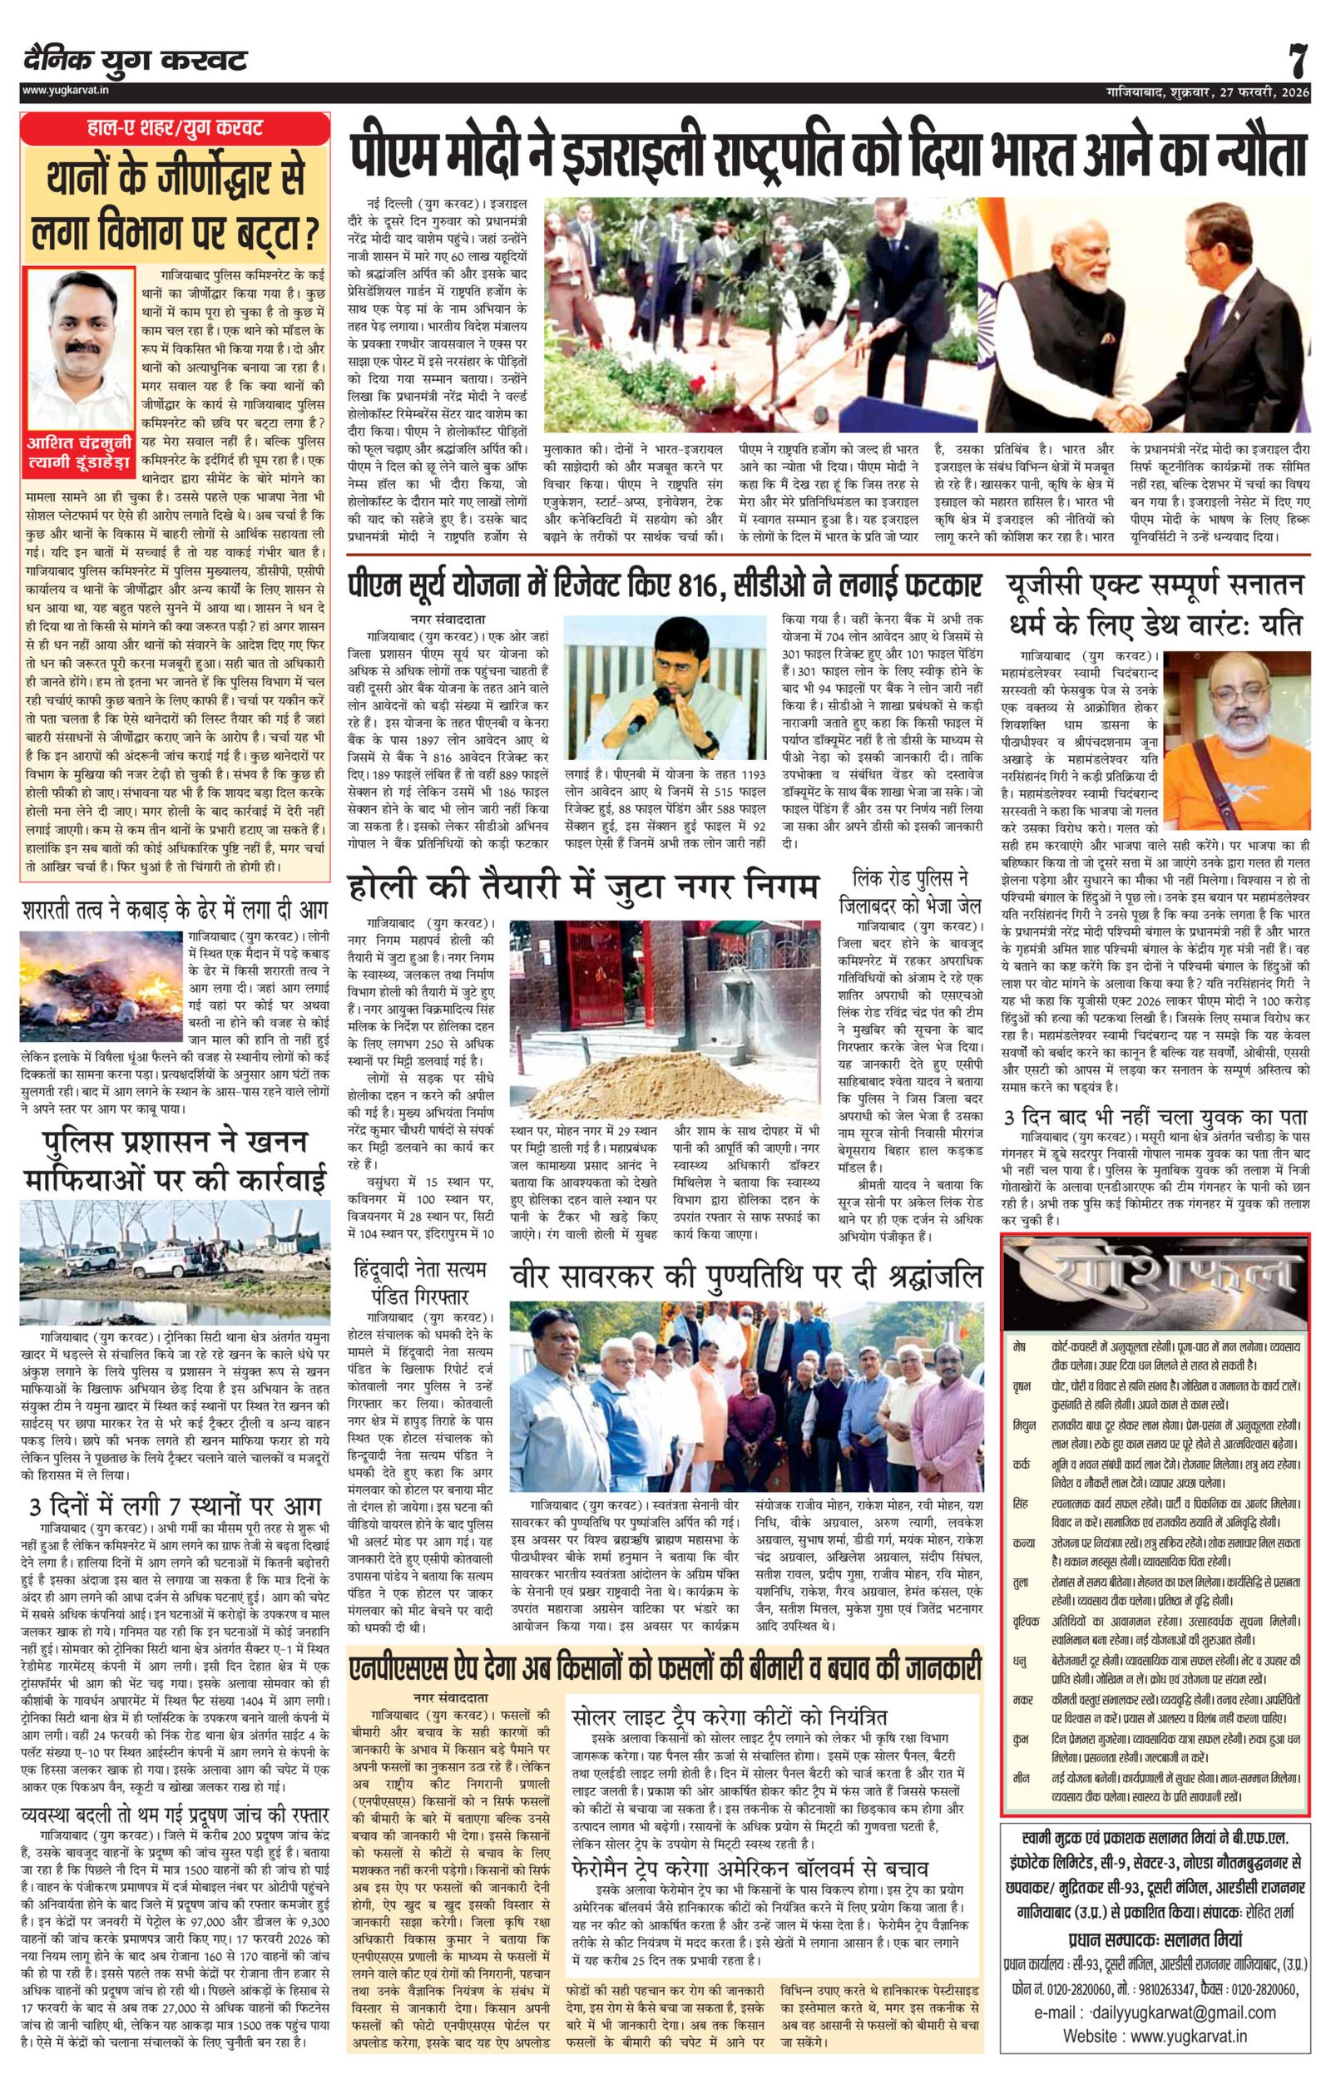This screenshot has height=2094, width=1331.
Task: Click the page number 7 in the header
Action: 1297,61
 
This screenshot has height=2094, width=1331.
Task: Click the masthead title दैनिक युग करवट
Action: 136,61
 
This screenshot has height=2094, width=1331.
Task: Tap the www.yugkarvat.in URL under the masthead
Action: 64,90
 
